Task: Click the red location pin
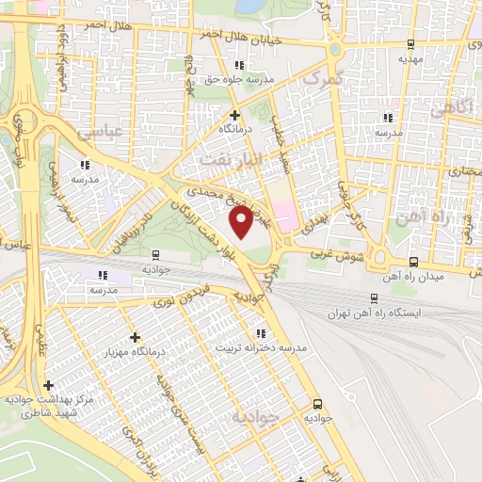click(242, 223)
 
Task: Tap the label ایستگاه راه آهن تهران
click(377, 313)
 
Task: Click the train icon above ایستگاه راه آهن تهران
click(376, 297)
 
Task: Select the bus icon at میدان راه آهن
click(414, 263)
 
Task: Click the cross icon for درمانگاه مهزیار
click(136, 337)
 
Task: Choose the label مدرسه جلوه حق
click(241, 80)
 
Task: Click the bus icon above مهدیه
click(410, 44)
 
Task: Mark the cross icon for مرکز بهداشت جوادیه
click(48, 384)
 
